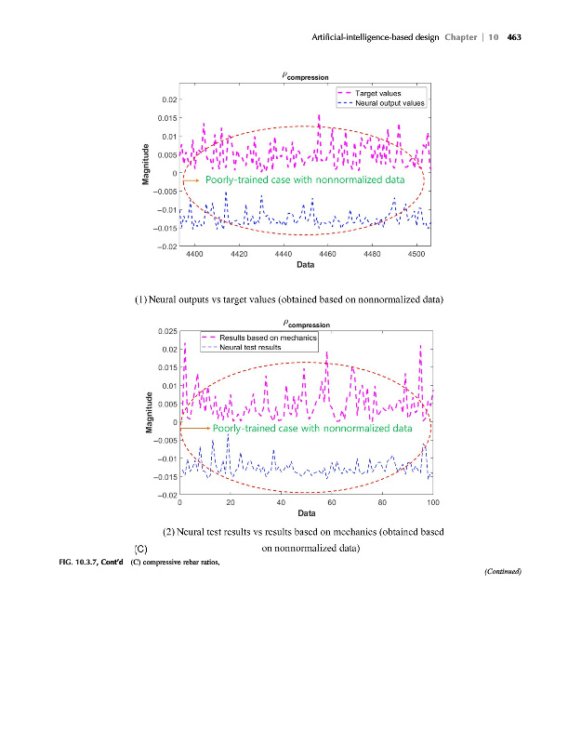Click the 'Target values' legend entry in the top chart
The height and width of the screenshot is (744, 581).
pyautogui.click(x=380, y=94)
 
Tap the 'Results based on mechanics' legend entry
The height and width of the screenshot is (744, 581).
pyautogui.click(x=261, y=337)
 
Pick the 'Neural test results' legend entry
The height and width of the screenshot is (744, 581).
pyautogui.click(x=250, y=346)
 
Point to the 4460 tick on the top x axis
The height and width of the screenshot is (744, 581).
pyautogui.click(x=327, y=253)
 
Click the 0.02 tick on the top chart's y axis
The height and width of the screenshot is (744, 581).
pyautogui.click(x=169, y=100)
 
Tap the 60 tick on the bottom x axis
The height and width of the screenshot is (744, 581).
pyautogui.click(x=332, y=502)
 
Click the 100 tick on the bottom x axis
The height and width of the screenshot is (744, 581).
pyautogui.click(x=432, y=502)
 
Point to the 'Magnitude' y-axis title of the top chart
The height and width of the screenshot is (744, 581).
pyautogui.click(x=146, y=162)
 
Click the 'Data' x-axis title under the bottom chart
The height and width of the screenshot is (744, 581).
pyautogui.click(x=305, y=513)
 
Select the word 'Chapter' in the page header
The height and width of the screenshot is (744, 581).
pyautogui.click(x=461, y=37)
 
